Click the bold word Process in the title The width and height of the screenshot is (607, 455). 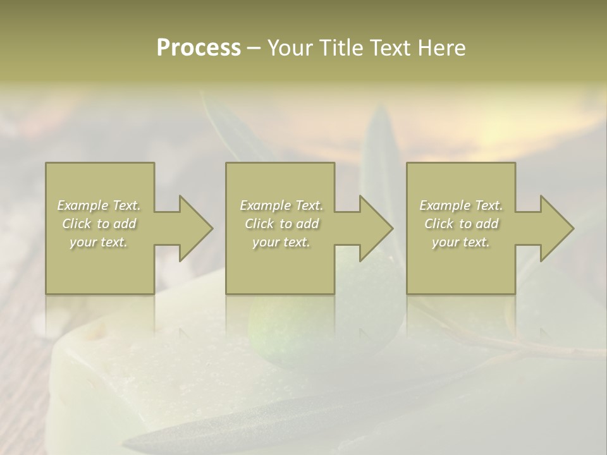[199, 48]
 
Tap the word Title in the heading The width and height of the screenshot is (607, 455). [342, 48]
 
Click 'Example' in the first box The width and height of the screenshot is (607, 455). [83, 205]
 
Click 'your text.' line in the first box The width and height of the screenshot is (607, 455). [99, 242]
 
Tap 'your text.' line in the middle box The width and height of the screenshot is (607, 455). [281, 242]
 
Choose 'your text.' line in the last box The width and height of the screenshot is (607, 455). [461, 242]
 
